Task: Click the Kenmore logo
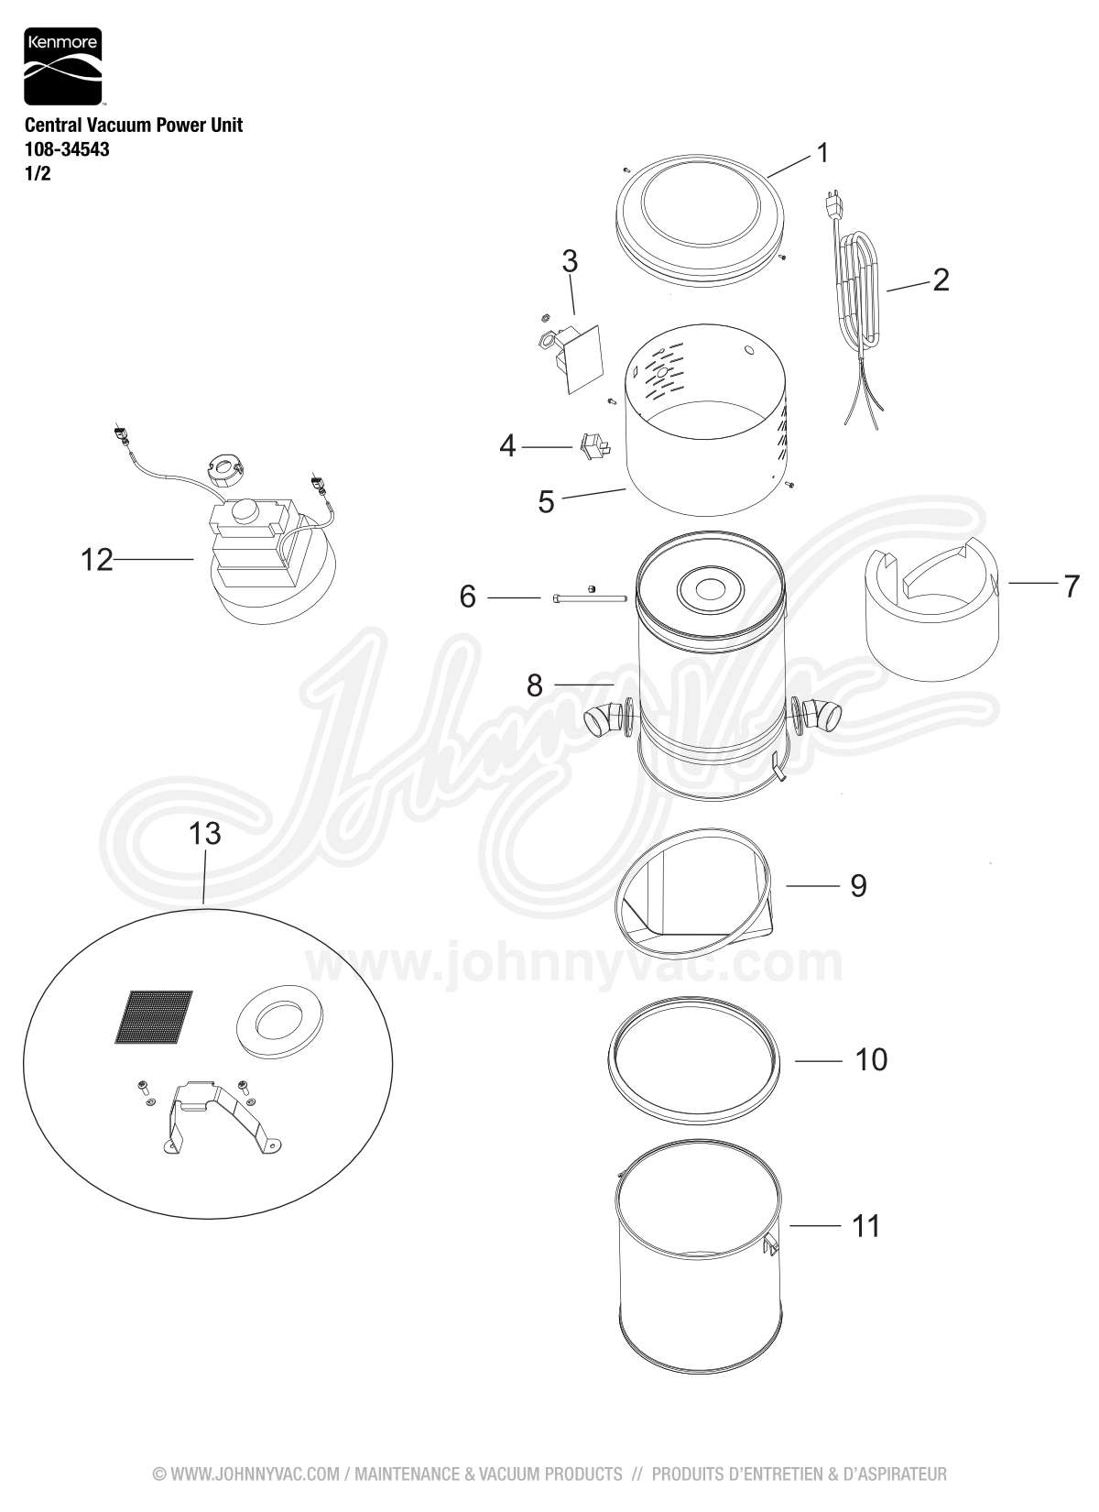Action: [x=62, y=67]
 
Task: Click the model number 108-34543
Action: [x=67, y=149]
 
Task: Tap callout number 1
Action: [x=822, y=153]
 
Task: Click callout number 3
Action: [x=570, y=261]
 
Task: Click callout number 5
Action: [x=546, y=502]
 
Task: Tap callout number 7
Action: [x=1072, y=586]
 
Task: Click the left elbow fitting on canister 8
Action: [x=603, y=721]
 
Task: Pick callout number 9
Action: [x=858, y=885]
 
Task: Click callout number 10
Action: [x=871, y=1059]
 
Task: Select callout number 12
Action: [x=96, y=559]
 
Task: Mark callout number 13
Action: [x=205, y=834]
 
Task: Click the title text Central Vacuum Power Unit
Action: [x=134, y=126]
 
